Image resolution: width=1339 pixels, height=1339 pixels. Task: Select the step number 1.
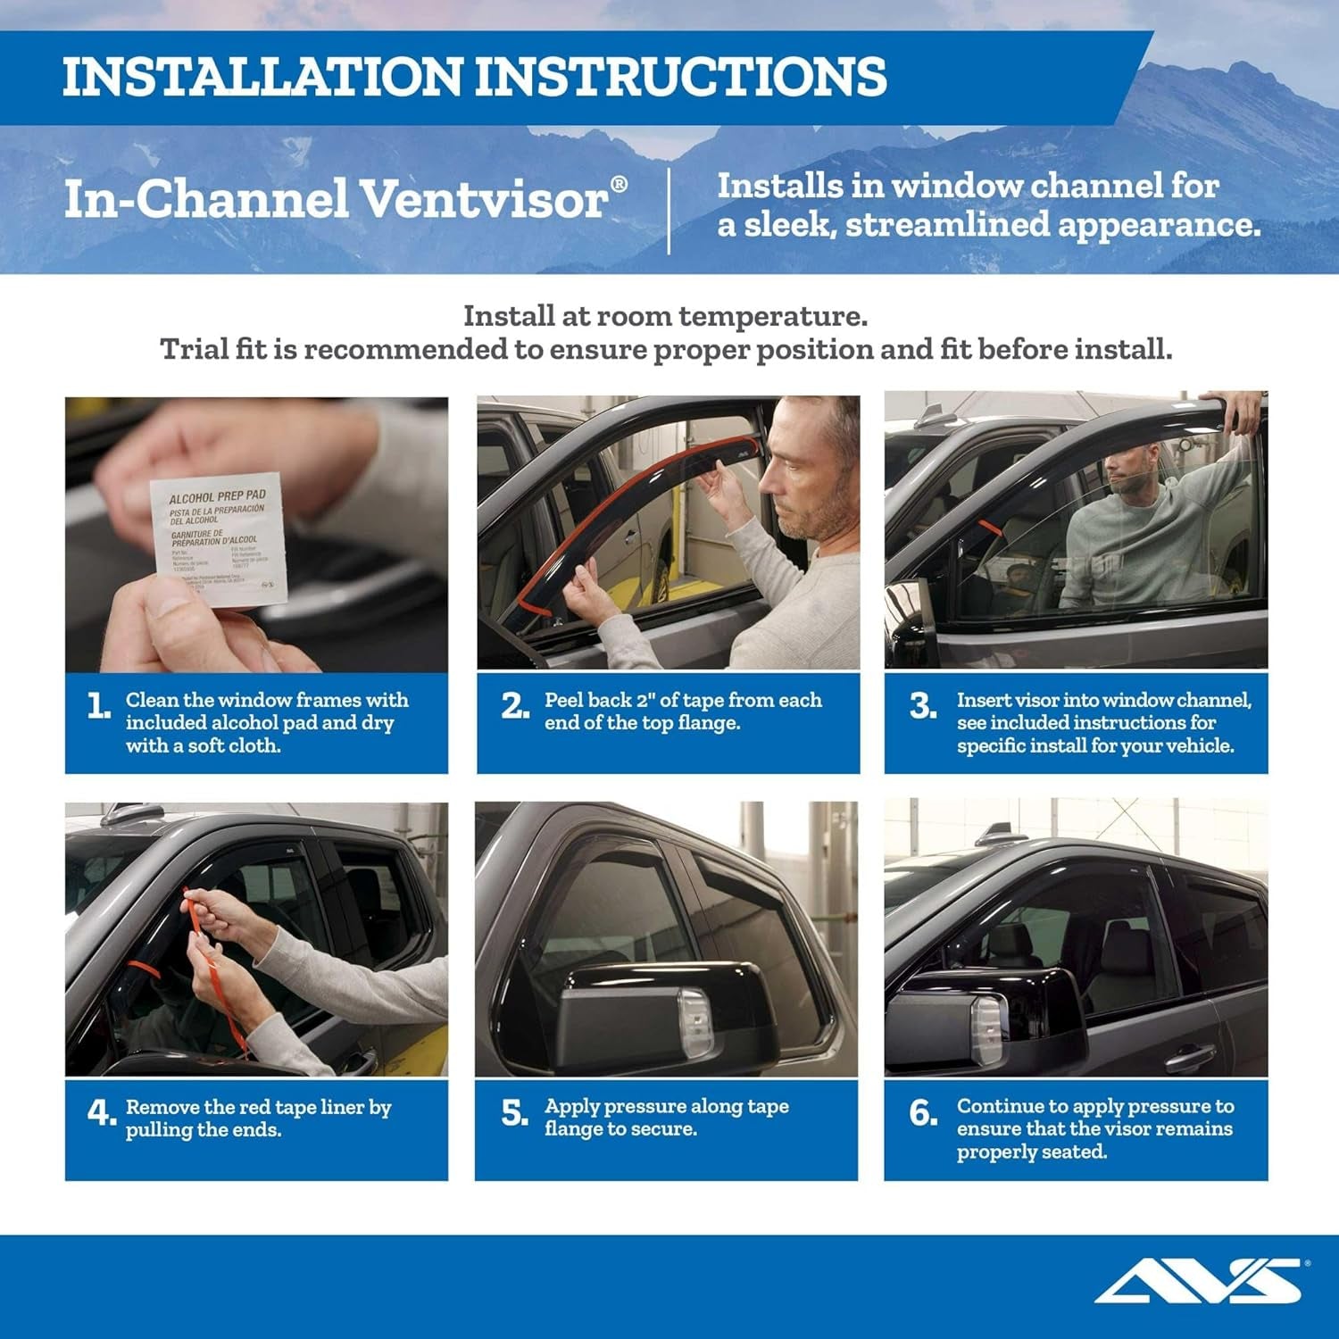(x=98, y=707)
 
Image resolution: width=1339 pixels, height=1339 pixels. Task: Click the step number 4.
(x=100, y=1113)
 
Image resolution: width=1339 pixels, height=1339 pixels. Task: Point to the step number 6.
(x=922, y=1113)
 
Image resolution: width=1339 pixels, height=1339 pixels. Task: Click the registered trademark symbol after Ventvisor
(x=618, y=183)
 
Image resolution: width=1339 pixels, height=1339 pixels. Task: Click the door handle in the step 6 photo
(x=1187, y=1060)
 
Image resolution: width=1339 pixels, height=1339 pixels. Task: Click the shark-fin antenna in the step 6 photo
(x=994, y=836)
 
